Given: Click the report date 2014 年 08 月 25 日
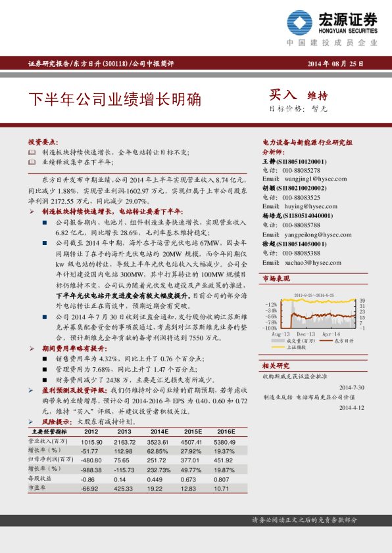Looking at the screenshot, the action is [335, 64].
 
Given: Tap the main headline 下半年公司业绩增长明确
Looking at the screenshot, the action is [114, 100].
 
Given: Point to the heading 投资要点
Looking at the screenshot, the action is [43, 142].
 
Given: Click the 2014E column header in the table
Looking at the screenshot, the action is [156, 431].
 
